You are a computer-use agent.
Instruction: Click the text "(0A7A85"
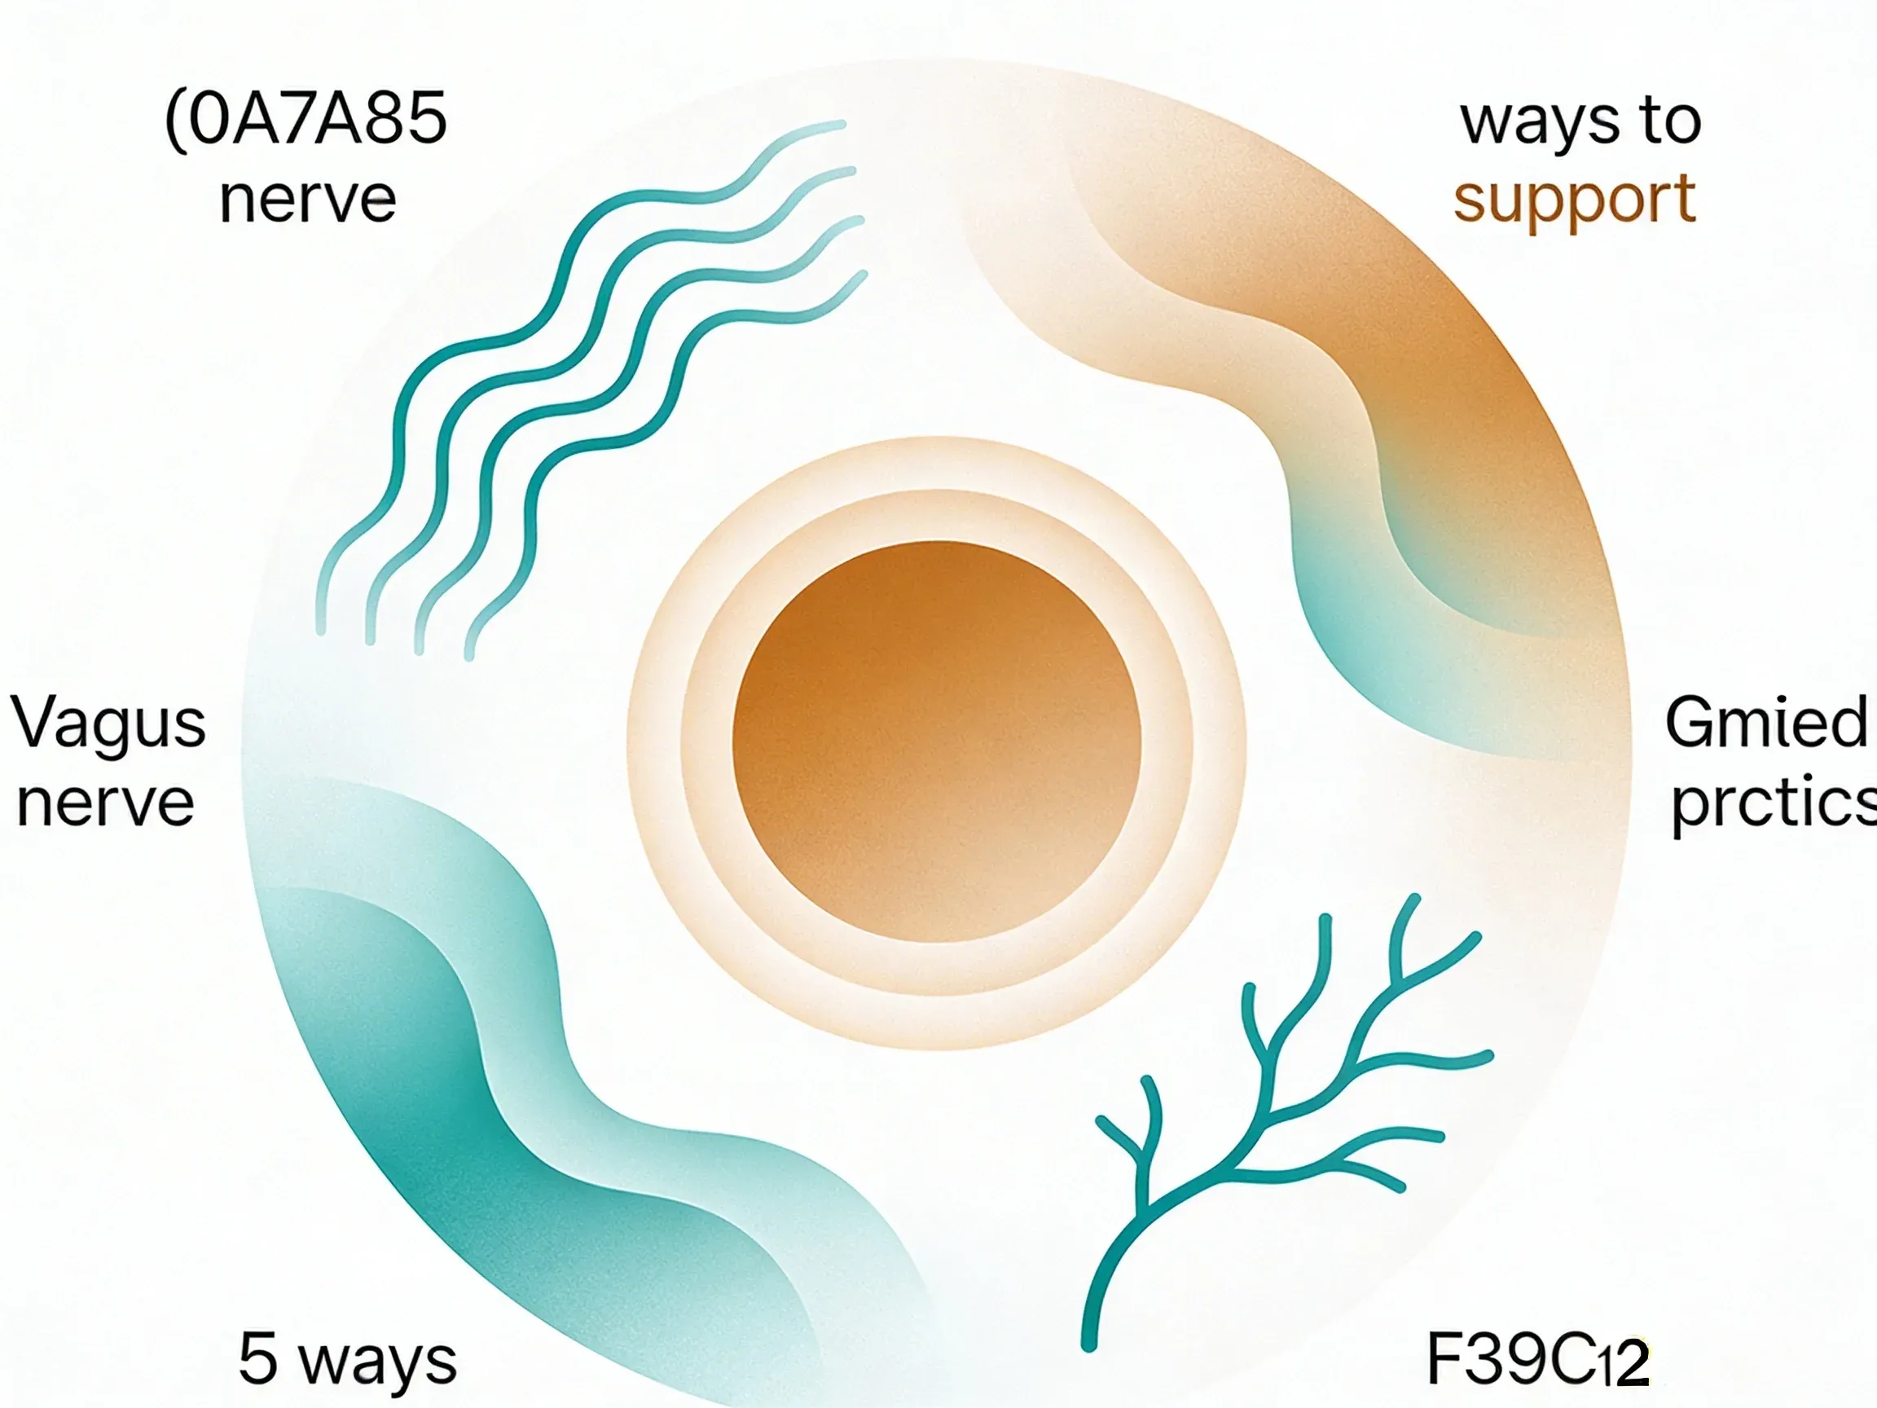coord(306,120)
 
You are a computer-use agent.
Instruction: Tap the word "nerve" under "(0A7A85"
coord(307,200)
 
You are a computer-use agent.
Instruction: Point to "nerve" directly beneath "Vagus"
coord(106,803)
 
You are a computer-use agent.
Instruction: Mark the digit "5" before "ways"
coord(258,1359)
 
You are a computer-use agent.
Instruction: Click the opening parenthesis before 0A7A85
coord(175,121)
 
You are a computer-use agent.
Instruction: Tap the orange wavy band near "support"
coord(1374,356)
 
